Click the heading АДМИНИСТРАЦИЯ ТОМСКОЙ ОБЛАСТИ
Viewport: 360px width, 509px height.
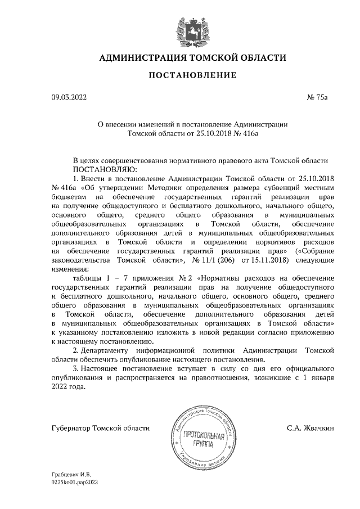tap(192, 58)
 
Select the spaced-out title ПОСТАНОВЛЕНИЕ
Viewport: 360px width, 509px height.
tap(192, 75)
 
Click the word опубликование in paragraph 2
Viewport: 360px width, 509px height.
tap(159, 359)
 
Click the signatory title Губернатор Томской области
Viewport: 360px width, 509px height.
tap(101, 428)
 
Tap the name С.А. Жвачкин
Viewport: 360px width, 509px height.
tap(310, 428)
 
